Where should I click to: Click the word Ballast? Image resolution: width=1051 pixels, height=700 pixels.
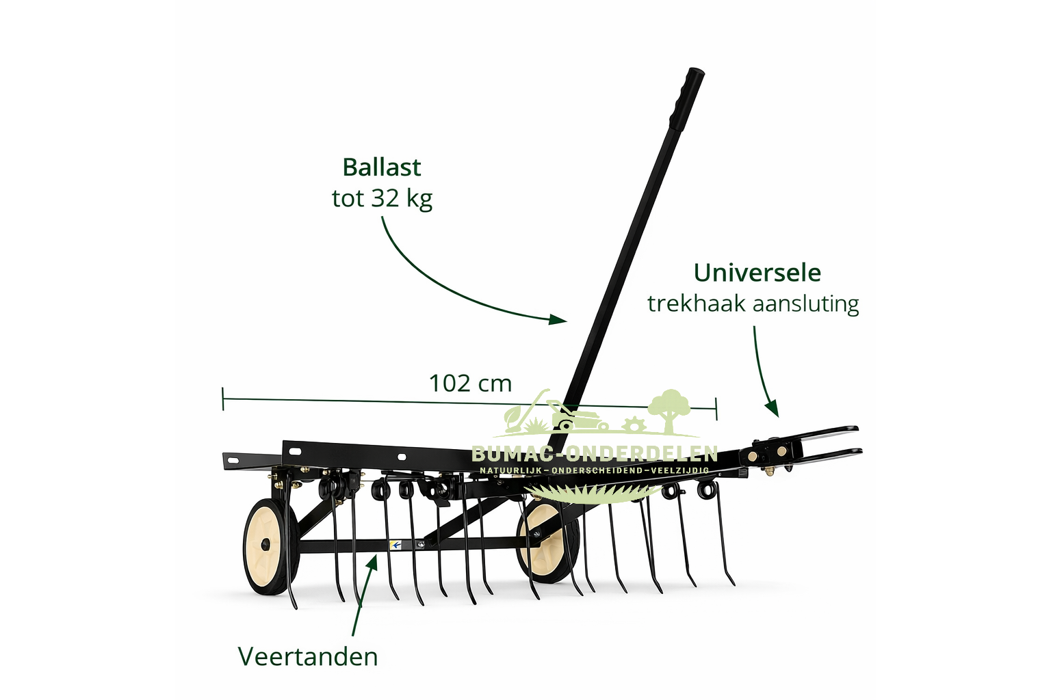381,167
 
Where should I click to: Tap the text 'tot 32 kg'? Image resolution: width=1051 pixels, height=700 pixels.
382,198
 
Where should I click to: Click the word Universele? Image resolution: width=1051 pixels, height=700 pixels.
757,273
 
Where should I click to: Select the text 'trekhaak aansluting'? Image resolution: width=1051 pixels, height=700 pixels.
753,304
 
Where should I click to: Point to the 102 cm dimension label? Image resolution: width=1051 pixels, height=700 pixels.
470,383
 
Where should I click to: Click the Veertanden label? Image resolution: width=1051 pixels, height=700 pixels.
308,656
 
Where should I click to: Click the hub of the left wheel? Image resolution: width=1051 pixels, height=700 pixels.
265,545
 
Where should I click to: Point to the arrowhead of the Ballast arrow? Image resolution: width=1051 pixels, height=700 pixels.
561,319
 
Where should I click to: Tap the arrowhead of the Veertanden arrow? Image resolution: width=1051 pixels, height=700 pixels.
373,562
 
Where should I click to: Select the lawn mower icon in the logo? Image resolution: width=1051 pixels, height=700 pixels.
575,415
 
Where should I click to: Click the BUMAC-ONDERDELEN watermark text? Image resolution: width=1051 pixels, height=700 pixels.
594,453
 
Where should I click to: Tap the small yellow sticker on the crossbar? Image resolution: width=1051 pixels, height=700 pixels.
395,545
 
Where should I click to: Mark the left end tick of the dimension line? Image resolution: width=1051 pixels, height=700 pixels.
223,399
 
